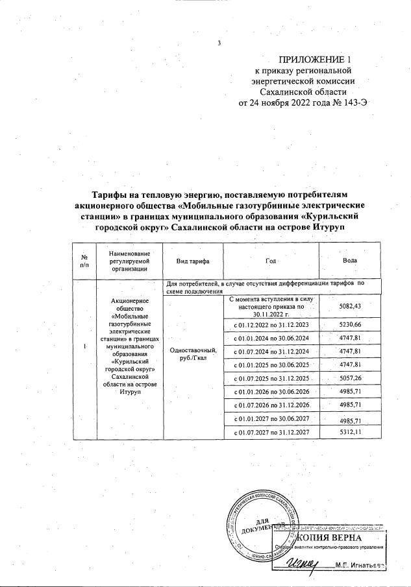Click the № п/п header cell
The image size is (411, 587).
84,260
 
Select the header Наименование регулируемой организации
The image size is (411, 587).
130,260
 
